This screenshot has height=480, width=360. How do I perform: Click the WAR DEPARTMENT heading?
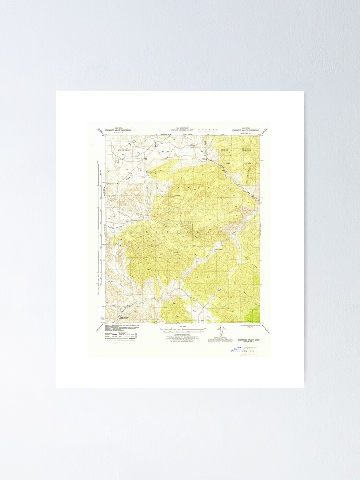(182, 128)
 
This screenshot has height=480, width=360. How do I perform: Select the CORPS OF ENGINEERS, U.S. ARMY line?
(182, 130)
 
